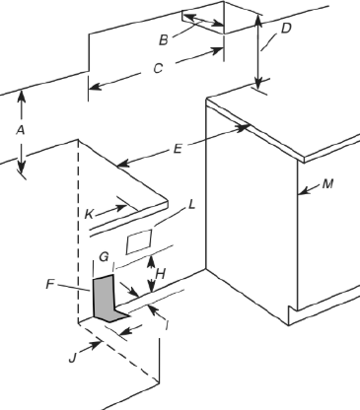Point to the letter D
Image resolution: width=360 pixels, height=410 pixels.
click(x=285, y=28)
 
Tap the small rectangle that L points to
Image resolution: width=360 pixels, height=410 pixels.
click(x=140, y=239)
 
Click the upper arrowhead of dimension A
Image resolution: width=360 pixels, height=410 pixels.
click(x=23, y=97)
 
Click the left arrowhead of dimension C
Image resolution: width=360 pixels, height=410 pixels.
click(x=91, y=88)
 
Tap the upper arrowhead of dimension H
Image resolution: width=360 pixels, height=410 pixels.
click(x=151, y=258)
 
